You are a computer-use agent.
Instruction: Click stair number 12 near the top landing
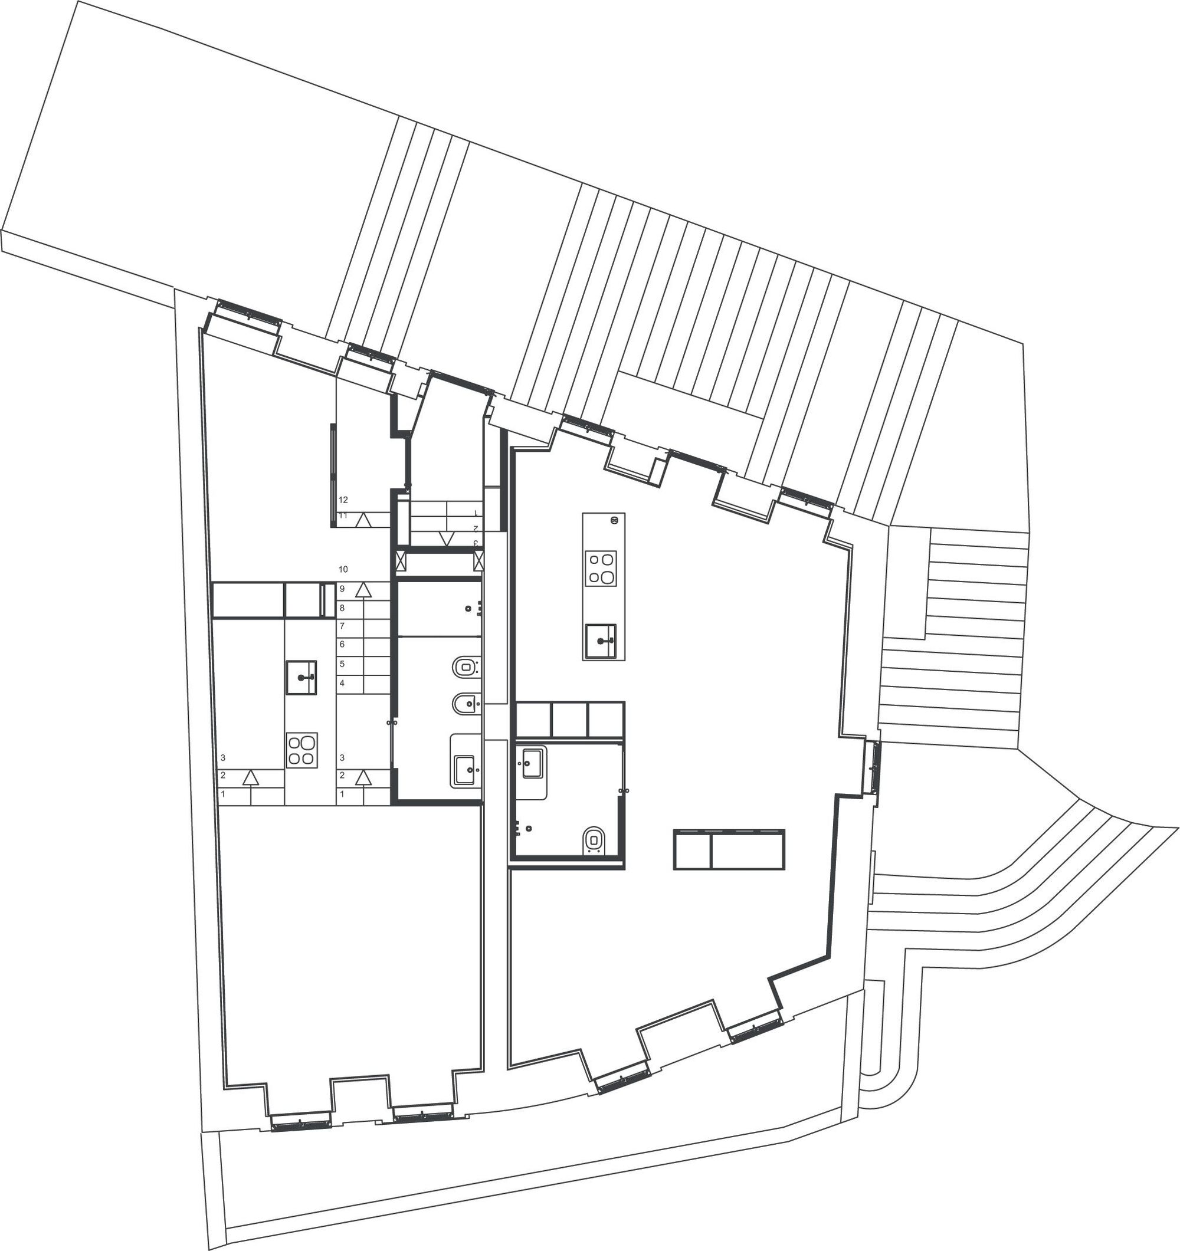(343, 500)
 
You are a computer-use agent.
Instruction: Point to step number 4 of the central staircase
(342, 683)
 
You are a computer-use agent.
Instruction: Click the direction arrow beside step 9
(362, 590)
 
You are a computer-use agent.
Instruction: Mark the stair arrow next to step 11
(362, 520)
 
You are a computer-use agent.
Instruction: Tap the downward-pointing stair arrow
(447, 539)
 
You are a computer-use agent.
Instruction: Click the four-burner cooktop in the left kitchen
(301, 750)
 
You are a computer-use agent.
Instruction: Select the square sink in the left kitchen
(301, 677)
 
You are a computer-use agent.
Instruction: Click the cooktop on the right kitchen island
(601, 568)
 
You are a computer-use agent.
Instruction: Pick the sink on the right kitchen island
(601, 641)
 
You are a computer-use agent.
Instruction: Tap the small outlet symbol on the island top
(614, 520)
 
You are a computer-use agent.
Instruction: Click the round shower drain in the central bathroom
(468, 609)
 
